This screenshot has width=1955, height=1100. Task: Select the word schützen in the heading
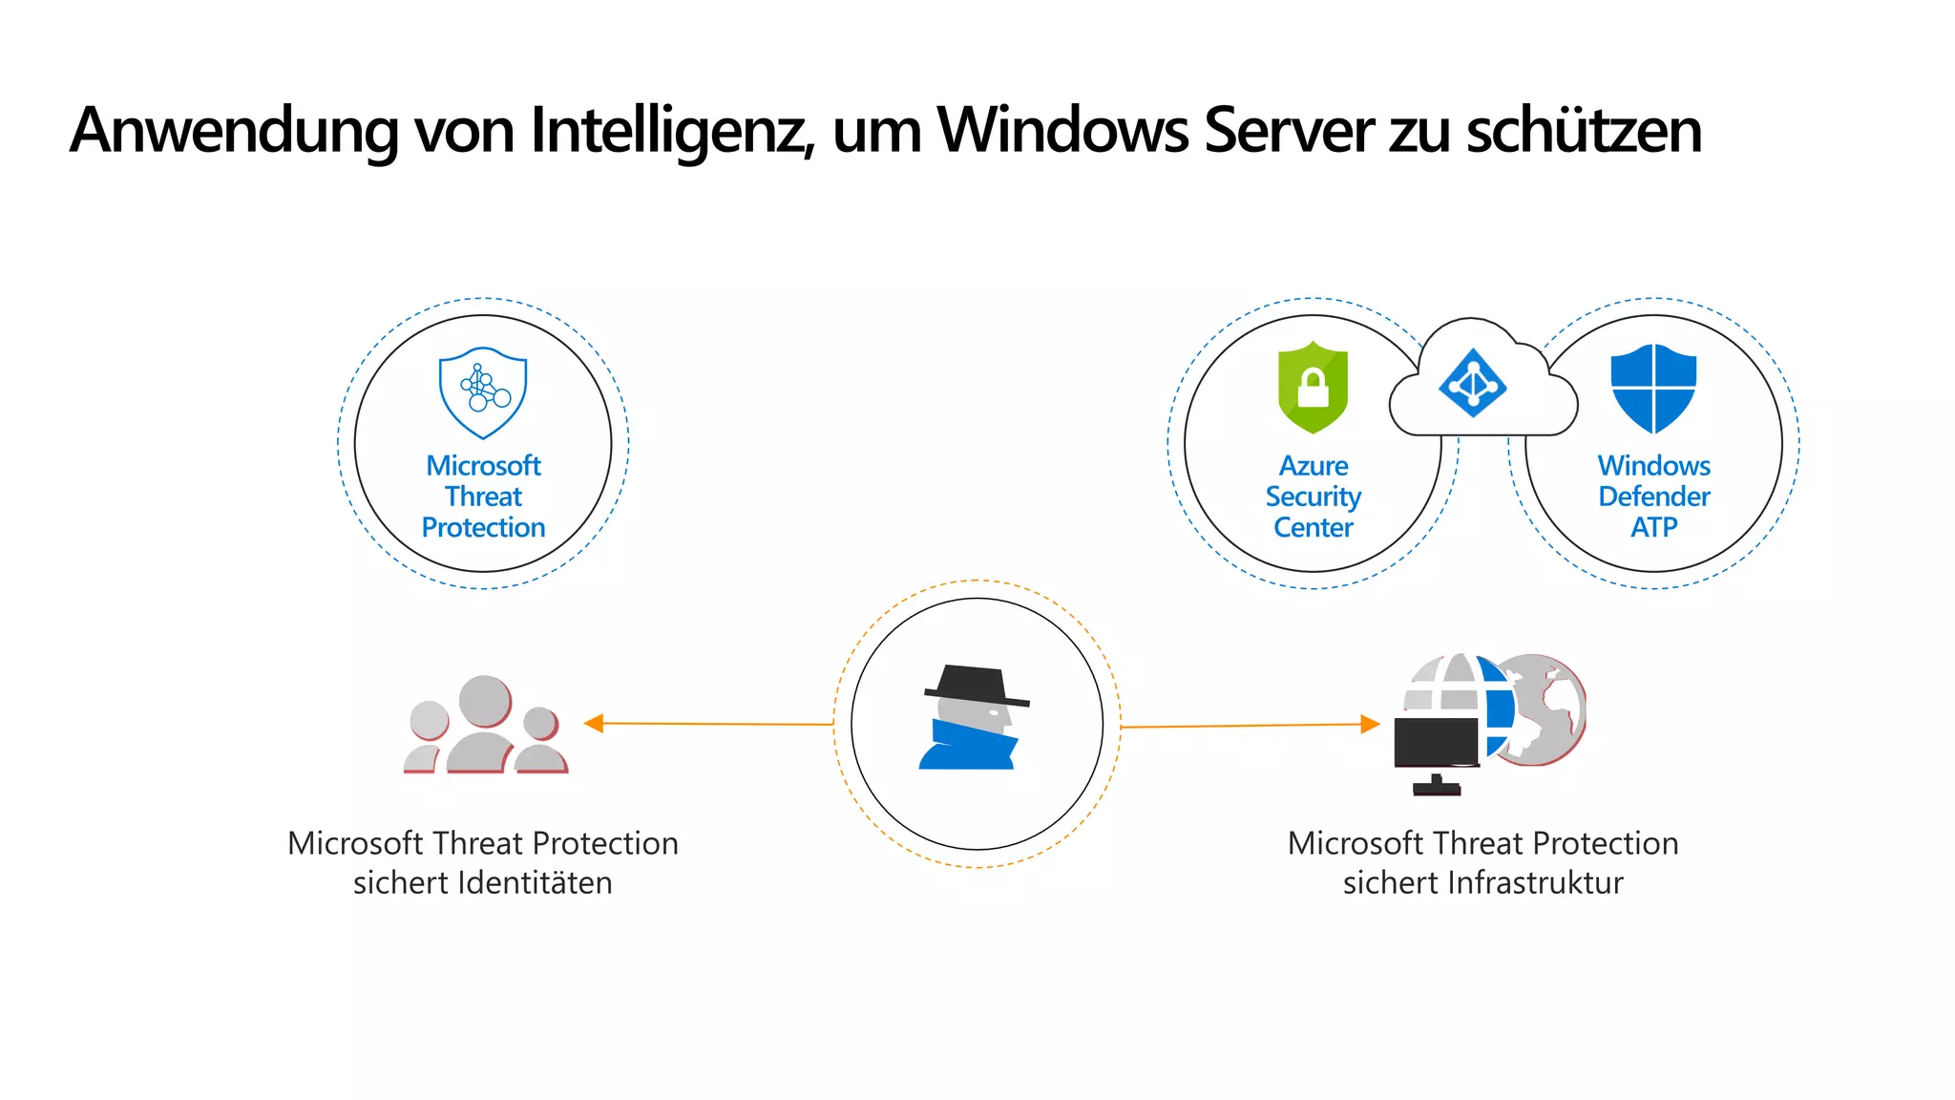pos(1584,130)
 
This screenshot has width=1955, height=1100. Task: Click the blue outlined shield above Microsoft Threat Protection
pos(483,392)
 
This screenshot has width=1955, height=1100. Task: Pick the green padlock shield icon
pos(1313,387)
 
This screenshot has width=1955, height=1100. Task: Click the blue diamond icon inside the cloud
pos(1472,383)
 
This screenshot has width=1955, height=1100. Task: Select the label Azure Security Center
pos(1314,497)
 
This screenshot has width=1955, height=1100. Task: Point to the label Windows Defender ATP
pos(1654,497)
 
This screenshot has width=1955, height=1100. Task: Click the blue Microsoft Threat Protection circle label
pos(483,497)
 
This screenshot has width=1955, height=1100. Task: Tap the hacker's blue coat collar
pos(969,746)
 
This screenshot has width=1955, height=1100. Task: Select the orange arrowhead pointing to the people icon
pos(594,723)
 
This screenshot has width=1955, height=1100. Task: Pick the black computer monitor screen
pos(1437,741)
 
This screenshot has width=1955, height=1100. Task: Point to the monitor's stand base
pos(1437,789)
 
